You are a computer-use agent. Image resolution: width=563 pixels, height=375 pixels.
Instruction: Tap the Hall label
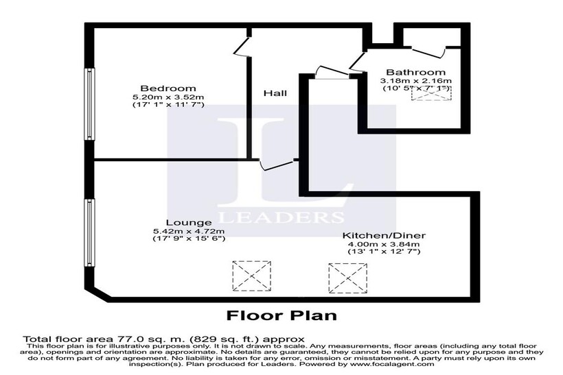pyautogui.click(x=275, y=93)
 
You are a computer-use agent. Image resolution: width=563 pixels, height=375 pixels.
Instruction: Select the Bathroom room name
pyautogui.click(x=415, y=72)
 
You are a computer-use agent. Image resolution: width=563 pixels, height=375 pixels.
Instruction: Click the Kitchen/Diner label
pyautogui.click(x=384, y=234)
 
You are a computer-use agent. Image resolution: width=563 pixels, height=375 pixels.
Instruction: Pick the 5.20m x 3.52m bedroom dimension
pyautogui.click(x=168, y=97)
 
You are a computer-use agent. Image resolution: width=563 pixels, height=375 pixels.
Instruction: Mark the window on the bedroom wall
pyautogui.click(x=89, y=104)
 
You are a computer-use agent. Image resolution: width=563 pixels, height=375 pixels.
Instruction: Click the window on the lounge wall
pyautogui.click(x=89, y=233)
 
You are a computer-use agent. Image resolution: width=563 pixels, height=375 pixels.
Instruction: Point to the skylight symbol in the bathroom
pyautogui.click(x=426, y=94)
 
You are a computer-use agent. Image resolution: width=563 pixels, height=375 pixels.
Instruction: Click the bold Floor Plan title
pyautogui.click(x=281, y=317)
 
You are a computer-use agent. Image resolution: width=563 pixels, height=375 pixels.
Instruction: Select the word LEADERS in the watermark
pyautogui.click(x=281, y=217)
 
